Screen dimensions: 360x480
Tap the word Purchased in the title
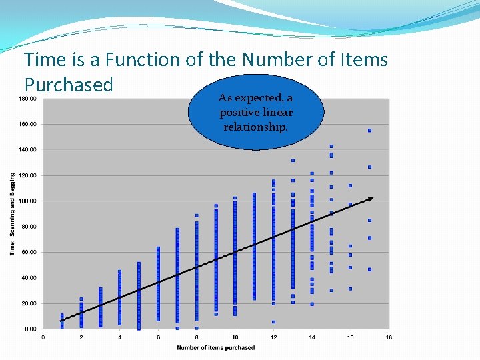(69, 85)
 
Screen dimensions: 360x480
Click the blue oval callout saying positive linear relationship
(255, 112)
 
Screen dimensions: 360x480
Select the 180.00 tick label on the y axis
(27, 99)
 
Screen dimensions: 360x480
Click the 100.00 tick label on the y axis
(27, 201)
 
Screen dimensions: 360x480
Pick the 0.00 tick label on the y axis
(30, 329)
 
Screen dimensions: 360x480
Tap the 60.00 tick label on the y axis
(29, 252)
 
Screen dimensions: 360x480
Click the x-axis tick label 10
(235, 337)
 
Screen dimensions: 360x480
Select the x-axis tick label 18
(389, 337)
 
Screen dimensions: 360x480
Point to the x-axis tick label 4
(120, 337)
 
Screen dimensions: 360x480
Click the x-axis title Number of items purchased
(215, 347)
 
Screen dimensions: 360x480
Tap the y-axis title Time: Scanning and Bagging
(12, 213)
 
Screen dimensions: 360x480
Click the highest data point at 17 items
(369, 131)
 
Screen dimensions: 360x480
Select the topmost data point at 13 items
(293, 161)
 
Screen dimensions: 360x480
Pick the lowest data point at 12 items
(273, 322)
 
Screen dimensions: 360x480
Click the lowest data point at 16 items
(350, 289)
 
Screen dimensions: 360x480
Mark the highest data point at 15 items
(331, 146)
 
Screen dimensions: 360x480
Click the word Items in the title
(363, 60)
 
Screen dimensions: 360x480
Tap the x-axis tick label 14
(312, 337)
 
